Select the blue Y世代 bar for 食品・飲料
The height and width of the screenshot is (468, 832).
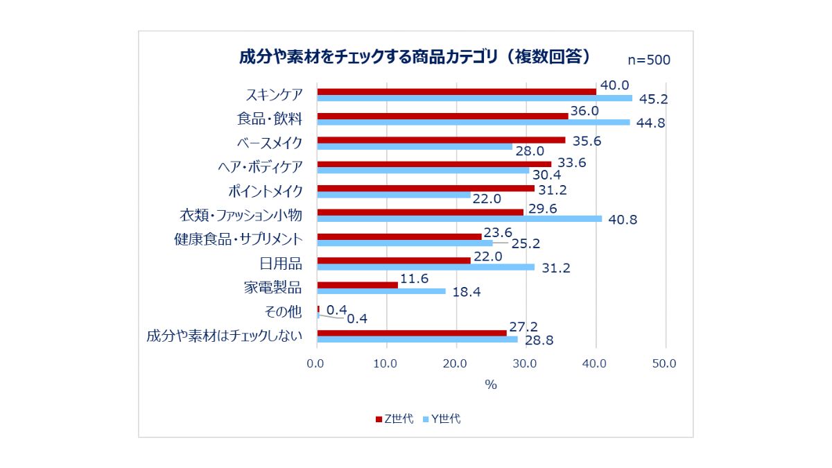click(x=473, y=122)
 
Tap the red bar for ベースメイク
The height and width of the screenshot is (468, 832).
click(x=441, y=140)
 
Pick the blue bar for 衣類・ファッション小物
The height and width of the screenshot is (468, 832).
click(x=459, y=218)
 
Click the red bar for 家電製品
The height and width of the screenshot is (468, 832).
click(x=357, y=285)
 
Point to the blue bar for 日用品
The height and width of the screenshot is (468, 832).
click(x=426, y=267)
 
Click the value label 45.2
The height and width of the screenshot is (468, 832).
click(x=652, y=99)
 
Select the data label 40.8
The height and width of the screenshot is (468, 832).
click(x=621, y=220)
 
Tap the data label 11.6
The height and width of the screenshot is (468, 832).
click(x=414, y=278)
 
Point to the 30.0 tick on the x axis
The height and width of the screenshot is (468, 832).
click(x=525, y=363)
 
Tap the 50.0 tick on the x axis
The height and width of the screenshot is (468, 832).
click(x=666, y=363)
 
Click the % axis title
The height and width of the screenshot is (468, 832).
click(x=491, y=385)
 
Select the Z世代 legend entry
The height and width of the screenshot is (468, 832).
click(x=395, y=419)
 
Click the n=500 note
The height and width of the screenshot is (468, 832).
click(x=649, y=60)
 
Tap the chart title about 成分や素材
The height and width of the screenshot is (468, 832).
click(x=415, y=57)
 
